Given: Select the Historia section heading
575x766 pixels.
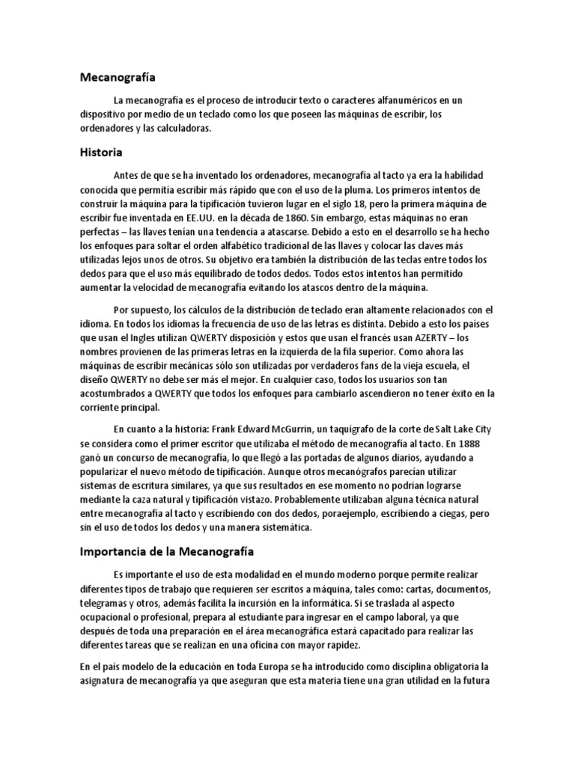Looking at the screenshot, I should pyautogui.click(x=101, y=152).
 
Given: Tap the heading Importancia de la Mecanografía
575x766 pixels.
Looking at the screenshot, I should pyautogui.click(x=168, y=553).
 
